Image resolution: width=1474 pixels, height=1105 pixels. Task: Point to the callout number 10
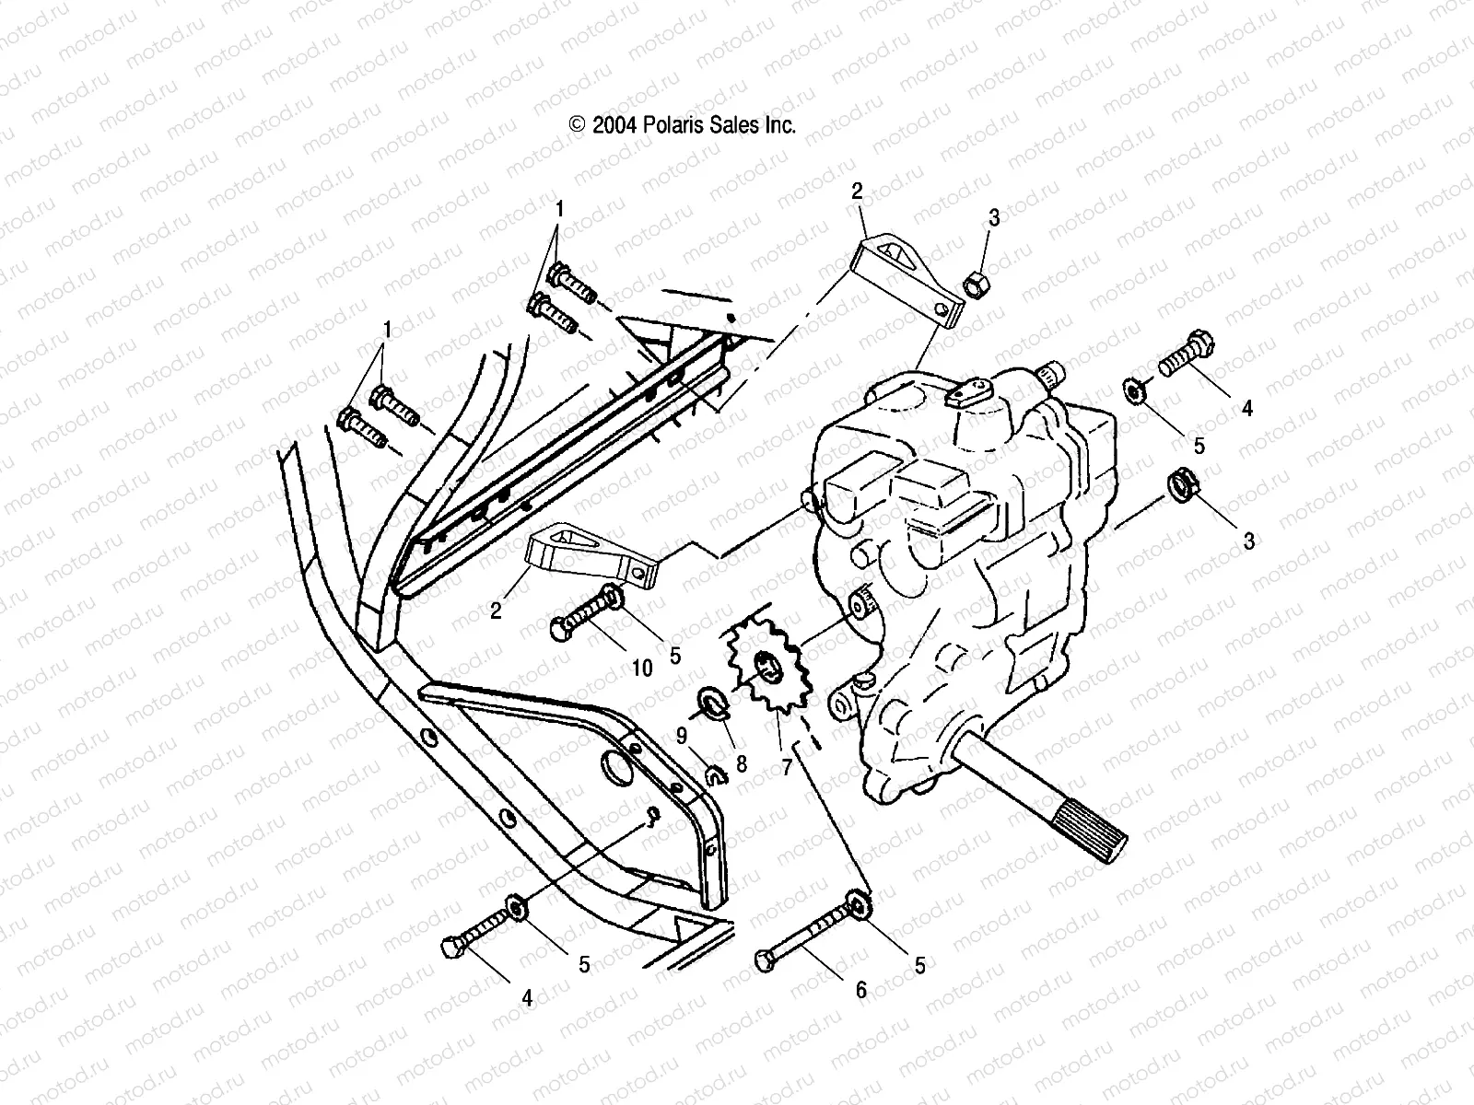tap(642, 667)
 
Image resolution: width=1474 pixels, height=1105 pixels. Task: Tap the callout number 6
tap(860, 990)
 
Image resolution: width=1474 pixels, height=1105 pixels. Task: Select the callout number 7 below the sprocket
tap(786, 766)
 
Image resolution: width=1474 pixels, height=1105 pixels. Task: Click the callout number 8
tap(741, 763)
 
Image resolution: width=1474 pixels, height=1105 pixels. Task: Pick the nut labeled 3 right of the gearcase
tap(1182, 484)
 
